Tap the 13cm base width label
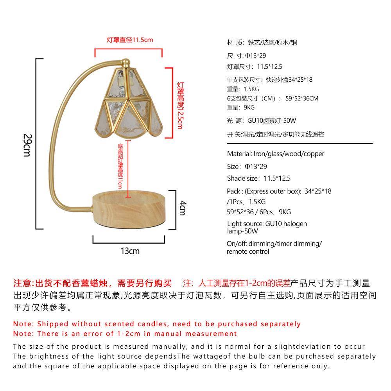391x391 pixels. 130,251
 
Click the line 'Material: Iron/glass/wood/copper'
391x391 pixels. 275,154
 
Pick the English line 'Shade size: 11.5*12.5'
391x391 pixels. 258,179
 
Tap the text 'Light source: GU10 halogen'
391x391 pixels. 267,224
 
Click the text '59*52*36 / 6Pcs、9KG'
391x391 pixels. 258,212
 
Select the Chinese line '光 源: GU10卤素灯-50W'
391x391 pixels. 261,121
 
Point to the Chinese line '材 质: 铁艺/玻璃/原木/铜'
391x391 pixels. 262,43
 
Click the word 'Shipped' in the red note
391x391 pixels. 53,324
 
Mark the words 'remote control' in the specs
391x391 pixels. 248,251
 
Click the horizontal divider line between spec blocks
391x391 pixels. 300,143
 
